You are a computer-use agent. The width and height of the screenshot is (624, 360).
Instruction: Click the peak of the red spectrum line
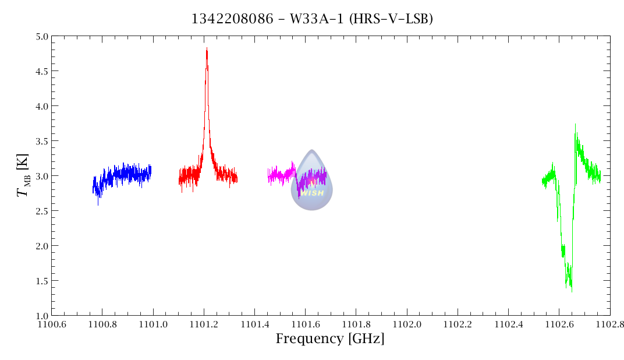click(207, 50)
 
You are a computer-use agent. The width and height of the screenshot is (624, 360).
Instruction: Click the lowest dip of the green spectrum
click(572, 290)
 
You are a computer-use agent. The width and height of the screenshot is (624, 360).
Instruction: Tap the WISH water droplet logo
click(311, 180)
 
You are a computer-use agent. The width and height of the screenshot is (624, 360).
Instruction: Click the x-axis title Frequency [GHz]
click(330, 339)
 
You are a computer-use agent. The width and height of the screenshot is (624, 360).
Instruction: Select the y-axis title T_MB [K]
click(23, 175)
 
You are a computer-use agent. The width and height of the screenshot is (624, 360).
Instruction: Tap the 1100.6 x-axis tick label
click(51, 323)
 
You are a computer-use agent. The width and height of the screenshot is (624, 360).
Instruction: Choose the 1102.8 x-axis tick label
click(609, 323)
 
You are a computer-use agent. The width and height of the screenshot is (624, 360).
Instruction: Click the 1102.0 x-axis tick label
click(407, 323)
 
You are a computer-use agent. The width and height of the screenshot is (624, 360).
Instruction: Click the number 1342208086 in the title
click(232, 19)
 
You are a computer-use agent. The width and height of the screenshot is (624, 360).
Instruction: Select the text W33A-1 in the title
click(309, 19)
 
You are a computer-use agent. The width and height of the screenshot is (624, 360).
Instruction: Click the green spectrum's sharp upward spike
click(575, 125)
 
